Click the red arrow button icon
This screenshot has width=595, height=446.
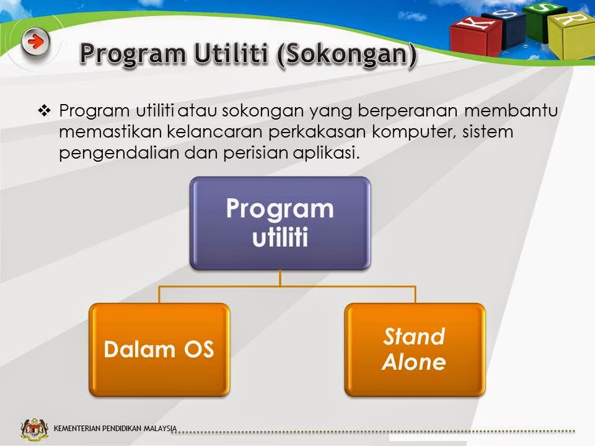(35, 42)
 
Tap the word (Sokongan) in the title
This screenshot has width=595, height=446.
(347, 55)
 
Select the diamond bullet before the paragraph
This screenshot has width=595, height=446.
(45, 111)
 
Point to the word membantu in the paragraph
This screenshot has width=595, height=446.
(511, 110)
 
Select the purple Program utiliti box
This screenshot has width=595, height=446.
(280, 224)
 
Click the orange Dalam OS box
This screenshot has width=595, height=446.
(159, 349)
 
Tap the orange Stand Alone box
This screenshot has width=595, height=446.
(415, 349)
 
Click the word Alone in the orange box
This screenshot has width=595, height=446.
(414, 362)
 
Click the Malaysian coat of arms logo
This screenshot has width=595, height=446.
(35, 429)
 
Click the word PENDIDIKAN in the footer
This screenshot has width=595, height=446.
(122, 429)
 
